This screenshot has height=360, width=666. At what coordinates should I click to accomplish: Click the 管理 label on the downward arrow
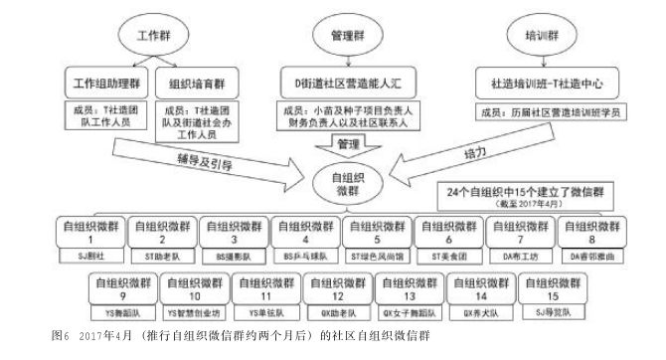click(347, 145)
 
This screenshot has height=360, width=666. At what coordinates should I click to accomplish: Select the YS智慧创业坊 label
click(193, 310)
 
